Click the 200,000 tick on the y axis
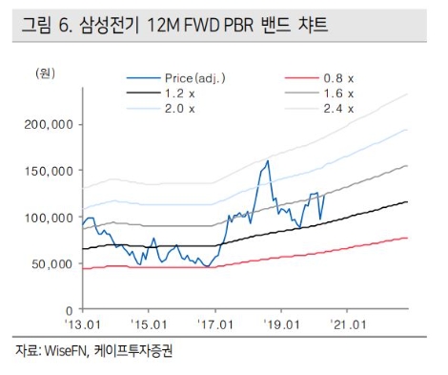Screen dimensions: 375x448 [x=48, y=124]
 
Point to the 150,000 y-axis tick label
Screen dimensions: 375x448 [x=48, y=171]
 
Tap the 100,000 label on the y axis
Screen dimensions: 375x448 [x=48, y=218]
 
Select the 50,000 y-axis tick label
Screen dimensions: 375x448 [x=51, y=263]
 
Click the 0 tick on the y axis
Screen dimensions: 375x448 [x=69, y=310]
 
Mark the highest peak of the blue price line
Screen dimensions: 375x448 [x=268, y=160]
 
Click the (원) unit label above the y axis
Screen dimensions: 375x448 [x=45, y=73]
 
